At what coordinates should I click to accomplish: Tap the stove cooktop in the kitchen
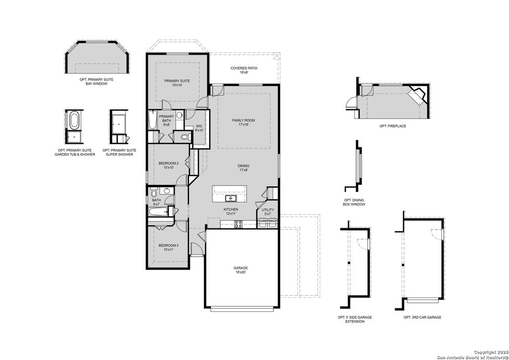238,223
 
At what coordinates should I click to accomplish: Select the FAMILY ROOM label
244,122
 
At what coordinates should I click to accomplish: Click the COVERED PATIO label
244,70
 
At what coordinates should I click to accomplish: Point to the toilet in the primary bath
185,137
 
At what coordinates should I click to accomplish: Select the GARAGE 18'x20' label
241,270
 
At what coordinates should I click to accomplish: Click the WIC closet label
199,128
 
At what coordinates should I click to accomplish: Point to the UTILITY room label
267,212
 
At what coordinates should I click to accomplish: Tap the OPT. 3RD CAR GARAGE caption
422,317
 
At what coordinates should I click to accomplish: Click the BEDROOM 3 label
169,247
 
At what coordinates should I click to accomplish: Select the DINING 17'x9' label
244,168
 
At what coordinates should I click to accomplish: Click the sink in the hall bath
167,190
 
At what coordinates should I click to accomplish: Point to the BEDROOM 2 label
169,166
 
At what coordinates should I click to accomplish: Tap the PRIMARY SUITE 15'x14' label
177,83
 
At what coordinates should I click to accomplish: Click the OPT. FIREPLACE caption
393,126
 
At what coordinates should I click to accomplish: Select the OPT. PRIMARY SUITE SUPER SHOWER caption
119,152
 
